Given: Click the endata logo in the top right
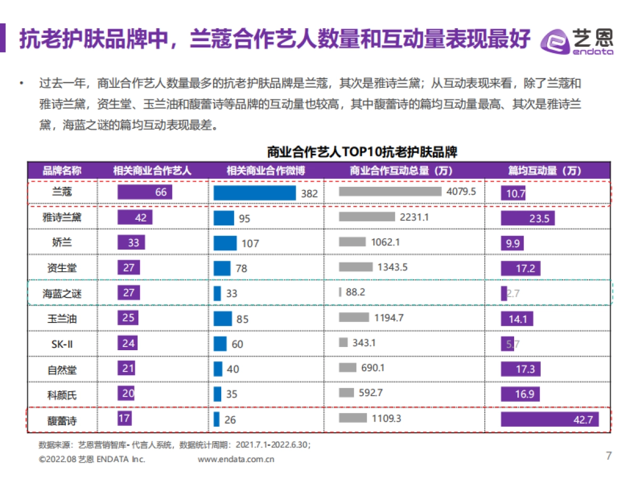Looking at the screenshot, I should coord(577,40).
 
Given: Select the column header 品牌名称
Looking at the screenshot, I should coord(62,171).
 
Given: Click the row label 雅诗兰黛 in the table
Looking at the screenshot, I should coord(62,217).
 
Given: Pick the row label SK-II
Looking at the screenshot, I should coord(62,344).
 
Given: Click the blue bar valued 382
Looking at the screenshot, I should coord(255,193).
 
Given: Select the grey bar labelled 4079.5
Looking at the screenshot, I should coord(390,192).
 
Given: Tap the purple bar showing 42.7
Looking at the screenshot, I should coord(549,419).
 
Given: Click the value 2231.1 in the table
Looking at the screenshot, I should coord(414,217).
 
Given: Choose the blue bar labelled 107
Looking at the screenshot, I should coord(225,243).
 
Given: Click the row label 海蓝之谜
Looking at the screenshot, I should coord(62,293).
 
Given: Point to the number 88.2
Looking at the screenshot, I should coord(355,292).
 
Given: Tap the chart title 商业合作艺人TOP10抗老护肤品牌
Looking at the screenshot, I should coord(362,152).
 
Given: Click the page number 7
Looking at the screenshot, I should coord(609,456).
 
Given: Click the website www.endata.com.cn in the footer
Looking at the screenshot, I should coord(236,459).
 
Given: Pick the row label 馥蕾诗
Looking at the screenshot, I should coord(62,420).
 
